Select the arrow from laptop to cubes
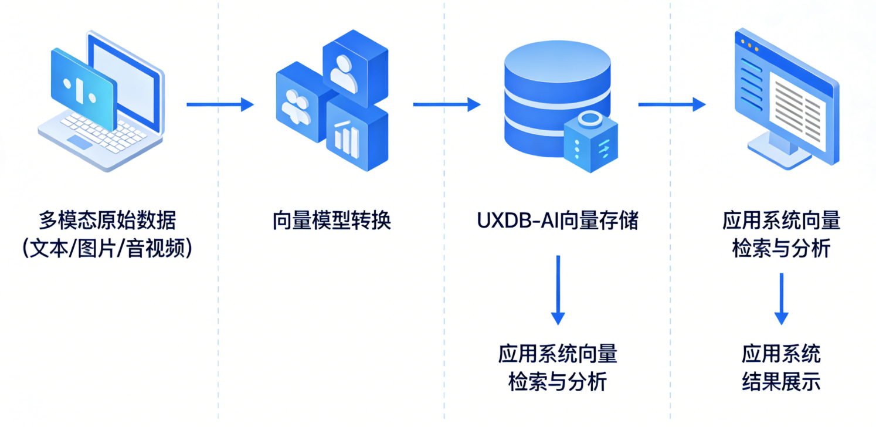220,105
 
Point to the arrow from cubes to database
446,105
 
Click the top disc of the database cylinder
558,59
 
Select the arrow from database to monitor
671,105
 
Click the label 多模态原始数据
107,221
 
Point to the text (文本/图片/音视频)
107,249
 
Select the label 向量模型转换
332,221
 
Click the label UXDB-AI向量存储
557,221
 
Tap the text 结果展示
780,382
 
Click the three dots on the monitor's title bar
750,43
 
